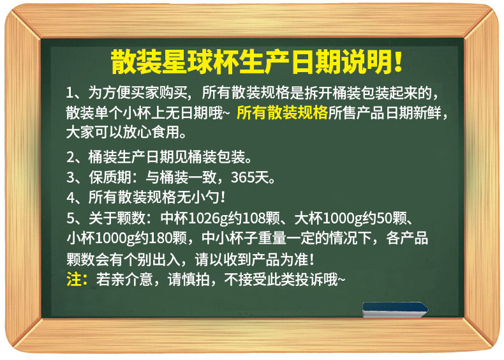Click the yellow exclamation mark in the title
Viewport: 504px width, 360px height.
pos(397,61)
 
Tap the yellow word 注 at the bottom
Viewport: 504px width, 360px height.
pos(73,279)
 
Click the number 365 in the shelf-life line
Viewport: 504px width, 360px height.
pos(242,177)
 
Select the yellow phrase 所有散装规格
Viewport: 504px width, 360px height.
pos(282,112)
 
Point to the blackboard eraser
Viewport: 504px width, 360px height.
pos(396,310)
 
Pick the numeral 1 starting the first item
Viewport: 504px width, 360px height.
pos(70,93)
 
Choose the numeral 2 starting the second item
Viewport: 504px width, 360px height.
pos(70,157)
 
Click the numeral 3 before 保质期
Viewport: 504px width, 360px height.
pos(70,177)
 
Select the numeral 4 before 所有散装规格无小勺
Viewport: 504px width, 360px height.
pos(71,197)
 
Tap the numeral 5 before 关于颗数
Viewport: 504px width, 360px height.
pos(70,218)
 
